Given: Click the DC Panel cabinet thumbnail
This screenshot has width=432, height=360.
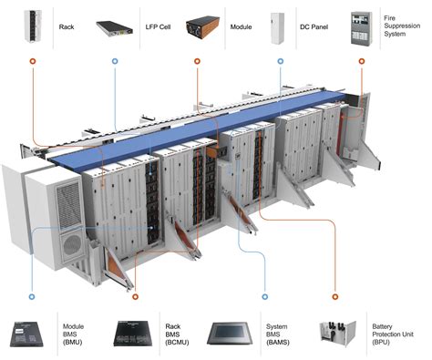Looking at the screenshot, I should (278, 26).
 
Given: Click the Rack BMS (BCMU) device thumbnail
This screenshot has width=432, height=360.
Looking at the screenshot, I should (136, 333).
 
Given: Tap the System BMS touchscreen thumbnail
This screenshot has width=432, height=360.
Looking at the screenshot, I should (232, 332).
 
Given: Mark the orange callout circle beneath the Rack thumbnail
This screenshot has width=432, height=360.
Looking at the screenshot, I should (32, 63).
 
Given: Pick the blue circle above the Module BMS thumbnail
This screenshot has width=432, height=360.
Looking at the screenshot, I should (32, 297).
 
